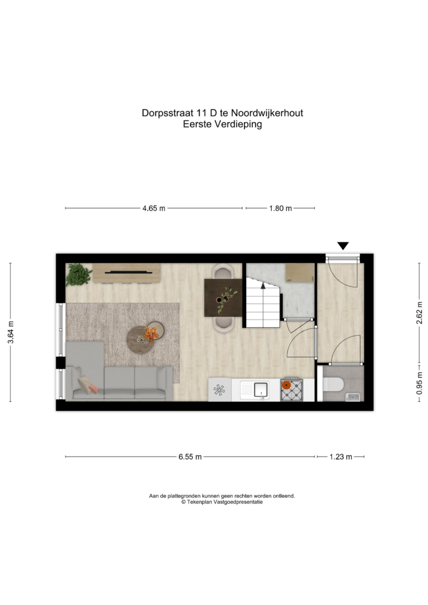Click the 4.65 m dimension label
point(153,208)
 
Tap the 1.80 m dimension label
point(281,208)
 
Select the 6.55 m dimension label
point(190,457)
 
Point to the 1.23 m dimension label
point(341,457)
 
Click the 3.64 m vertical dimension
point(11,332)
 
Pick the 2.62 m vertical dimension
point(420,313)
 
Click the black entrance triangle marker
point(343,246)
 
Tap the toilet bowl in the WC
point(333,384)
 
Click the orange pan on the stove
point(286,384)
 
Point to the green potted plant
point(79,274)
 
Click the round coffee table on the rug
point(141,339)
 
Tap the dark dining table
point(223,298)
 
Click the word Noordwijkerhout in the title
point(267,113)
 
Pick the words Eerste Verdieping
point(222,124)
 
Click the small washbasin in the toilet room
point(353,397)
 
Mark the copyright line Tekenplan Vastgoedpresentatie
point(222,502)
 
